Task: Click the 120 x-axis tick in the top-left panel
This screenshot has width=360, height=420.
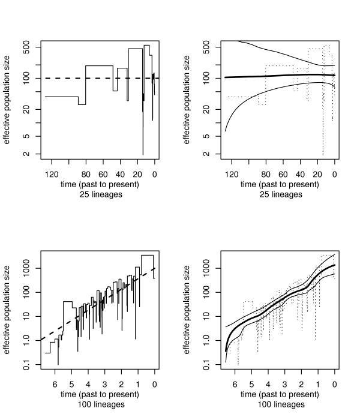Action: tap(52, 174)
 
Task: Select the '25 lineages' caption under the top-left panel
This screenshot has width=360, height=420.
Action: tap(100, 194)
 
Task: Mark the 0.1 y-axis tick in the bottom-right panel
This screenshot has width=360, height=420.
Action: tap(207, 364)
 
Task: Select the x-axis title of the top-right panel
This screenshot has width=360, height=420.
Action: tap(280, 184)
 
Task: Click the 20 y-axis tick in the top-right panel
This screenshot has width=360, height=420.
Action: tap(207, 109)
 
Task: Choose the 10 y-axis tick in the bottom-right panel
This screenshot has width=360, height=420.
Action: tap(207, 316)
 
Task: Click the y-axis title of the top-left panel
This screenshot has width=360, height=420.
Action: tap(8, 99)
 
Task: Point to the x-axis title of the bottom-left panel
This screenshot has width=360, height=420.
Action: tap(100, 394)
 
